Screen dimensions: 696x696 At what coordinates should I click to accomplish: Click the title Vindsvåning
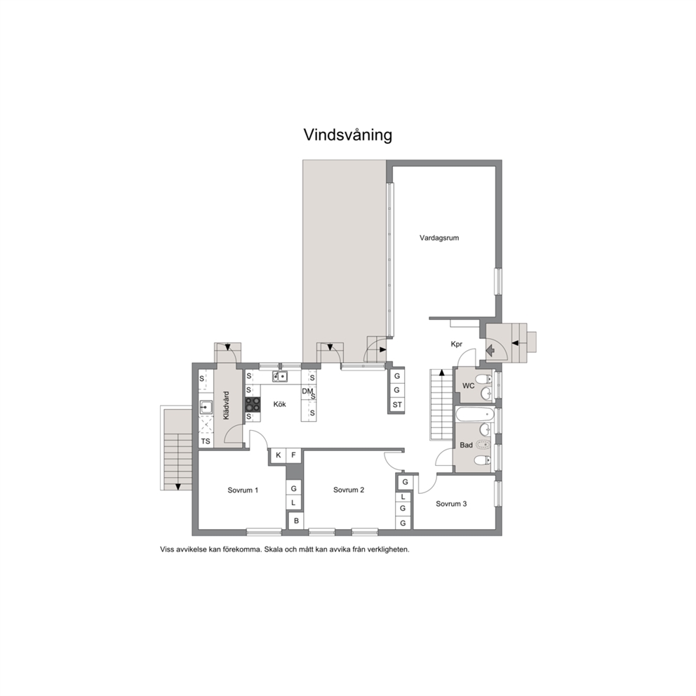point(347,135)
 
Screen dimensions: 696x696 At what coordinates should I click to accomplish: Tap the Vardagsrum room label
point(439,238)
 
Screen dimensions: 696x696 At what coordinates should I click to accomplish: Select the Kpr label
point(456,344)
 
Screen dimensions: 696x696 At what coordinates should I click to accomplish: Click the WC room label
point(468,386)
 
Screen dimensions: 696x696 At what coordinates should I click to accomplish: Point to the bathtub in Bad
point(474,415)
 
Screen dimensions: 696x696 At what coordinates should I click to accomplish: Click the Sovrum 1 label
point(243,490)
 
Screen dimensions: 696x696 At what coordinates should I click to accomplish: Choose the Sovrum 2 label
point(349,490)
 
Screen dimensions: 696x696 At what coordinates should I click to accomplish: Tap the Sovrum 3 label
point(451,504)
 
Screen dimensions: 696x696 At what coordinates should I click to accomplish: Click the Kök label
point(280,404)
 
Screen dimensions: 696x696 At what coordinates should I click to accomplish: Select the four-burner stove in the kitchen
point(253,404)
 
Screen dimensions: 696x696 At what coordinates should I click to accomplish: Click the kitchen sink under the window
point(280,376)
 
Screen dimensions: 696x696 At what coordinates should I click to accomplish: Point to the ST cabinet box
point(397,404)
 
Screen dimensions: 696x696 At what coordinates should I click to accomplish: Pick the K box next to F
point(279,455)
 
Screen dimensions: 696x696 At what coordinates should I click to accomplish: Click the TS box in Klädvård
point(206,441)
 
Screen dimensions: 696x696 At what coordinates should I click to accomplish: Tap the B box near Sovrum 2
point(296,521)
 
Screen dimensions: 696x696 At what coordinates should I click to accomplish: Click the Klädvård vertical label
point(227,406)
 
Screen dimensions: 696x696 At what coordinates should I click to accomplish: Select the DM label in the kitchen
point(307,391)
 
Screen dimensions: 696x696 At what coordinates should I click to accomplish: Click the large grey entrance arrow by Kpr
point(490,351)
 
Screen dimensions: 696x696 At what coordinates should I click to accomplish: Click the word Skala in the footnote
point(274,549)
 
